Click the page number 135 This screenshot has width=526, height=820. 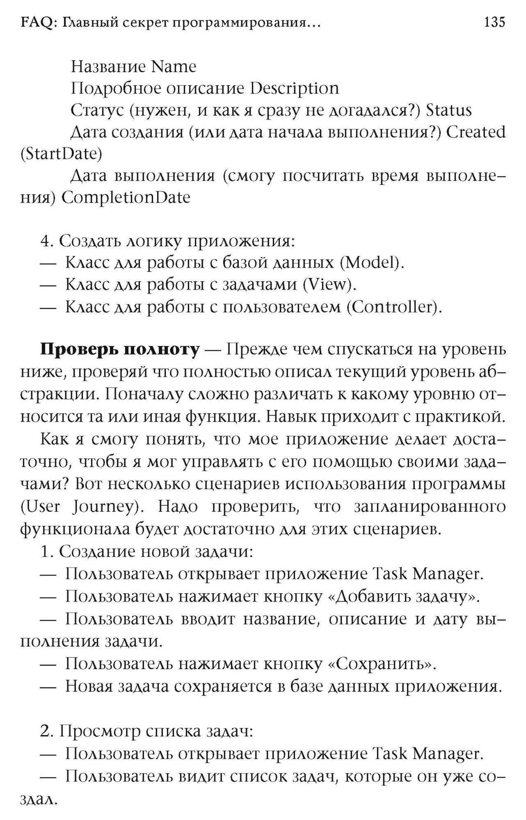pos(494,22)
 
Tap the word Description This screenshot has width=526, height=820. pos(295,89)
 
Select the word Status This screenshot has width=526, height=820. pos(449,111)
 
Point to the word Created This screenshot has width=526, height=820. pos(476,132)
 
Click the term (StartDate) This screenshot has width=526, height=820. pos(61,154)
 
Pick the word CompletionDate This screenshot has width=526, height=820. pos(126,198)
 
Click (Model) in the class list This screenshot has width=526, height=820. pos(373,263)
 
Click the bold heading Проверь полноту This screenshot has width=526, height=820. pos(120,350)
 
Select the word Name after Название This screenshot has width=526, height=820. pos(174,67)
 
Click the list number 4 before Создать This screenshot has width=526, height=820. pos(46,241)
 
